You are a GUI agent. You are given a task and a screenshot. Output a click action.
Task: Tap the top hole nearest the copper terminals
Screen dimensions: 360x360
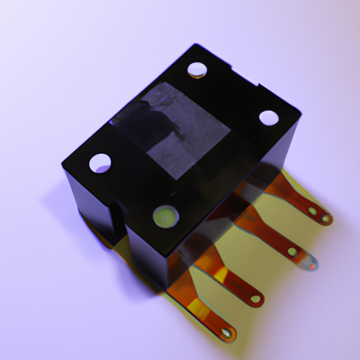269,117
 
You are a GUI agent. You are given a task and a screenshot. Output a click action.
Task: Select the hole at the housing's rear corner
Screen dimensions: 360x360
197,69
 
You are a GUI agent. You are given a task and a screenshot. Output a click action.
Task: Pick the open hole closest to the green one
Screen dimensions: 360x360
100,162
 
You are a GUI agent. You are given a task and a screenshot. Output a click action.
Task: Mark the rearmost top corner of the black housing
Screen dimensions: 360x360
193,46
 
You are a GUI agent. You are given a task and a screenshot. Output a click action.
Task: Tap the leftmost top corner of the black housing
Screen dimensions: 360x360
62,166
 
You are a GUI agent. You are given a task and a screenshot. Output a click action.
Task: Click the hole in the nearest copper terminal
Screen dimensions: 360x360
226,332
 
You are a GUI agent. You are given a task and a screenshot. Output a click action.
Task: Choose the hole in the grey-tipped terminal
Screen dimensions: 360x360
292,251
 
